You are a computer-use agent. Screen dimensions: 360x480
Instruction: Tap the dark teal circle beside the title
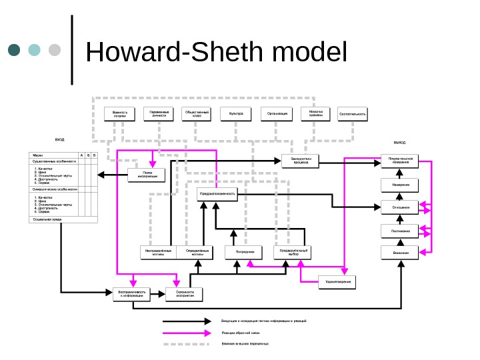[x=15, y=51]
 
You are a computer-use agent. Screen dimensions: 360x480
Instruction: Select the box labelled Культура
[x=236, y=114]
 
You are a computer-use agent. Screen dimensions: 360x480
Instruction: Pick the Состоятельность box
[x=353, y=114]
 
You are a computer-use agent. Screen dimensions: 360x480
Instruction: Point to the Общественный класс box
[x=197, y=114]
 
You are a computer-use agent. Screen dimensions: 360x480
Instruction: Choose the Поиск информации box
[x=146, y=175]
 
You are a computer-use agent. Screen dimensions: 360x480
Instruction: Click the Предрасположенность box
[x=217, y=193]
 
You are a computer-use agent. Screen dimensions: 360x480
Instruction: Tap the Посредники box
[x=239, y=253]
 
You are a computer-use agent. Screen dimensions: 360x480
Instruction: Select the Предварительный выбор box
[x=293, y=253]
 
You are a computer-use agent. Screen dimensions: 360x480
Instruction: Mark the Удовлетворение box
[x=337, y=283]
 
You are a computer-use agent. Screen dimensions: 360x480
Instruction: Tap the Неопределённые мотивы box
[x=157, y=253]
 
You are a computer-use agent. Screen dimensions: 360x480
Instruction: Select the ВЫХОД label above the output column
[x=399, y=143]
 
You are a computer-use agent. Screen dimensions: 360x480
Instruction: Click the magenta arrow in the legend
[x=187, y=331]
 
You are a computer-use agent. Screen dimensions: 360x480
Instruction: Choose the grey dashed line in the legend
[x=187, y=343]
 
